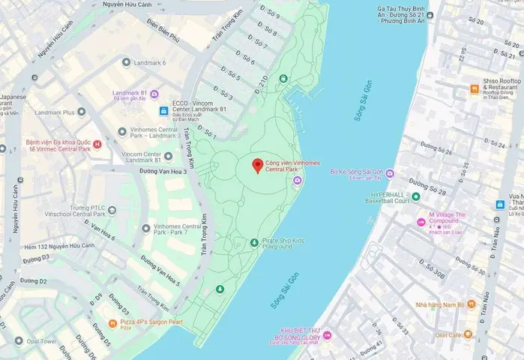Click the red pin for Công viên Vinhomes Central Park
[257, 166]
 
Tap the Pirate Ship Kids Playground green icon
[255, 242]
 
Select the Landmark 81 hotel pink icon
[154, 94]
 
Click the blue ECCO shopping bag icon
[163, 111]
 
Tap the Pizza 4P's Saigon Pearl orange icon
[112, 323]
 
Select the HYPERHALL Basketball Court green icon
[415, 196]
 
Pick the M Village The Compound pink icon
[421, 222]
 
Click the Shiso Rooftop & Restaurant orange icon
[474, 88]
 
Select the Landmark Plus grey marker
[81, 112]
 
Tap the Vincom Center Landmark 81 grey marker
[168, 156]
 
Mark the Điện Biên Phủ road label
[164, 35]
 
